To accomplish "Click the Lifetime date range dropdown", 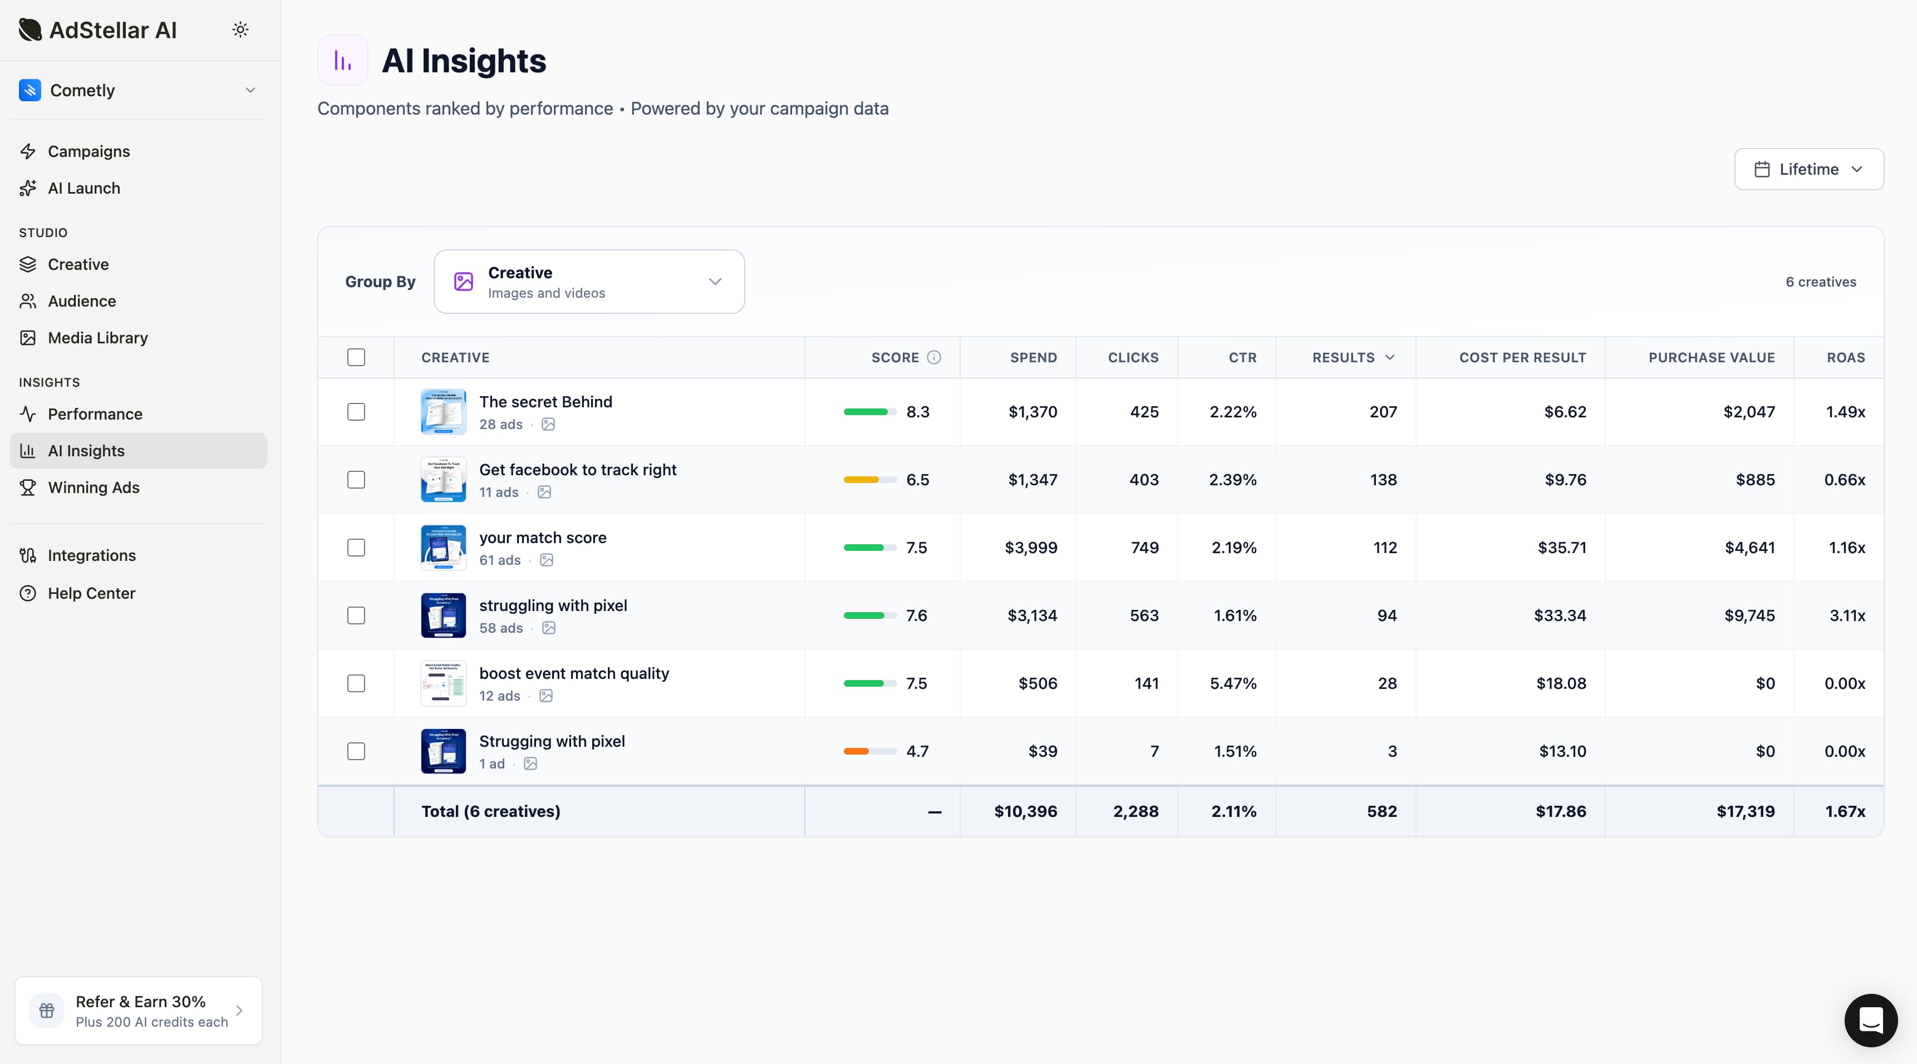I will [1808, 169].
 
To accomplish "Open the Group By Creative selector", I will [589, 281].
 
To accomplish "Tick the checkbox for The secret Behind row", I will [356, 411].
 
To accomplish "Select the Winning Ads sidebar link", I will [93, 487].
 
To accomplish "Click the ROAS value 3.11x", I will [1846, 615].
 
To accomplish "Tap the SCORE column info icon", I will [933, 357].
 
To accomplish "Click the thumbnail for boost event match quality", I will [444, 683].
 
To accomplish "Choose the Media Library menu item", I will [97, 338].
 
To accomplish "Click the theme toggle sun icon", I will [239, 29].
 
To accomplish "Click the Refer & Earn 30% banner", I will [139, 1011].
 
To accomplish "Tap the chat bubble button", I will [1870, 1019].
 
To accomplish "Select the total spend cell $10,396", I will [1025, 811].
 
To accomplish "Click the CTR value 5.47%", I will [1232, 683].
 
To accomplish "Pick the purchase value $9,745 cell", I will [1749, 615].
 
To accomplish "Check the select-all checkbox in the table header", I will [356, 357].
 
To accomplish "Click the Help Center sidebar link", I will [91, 593].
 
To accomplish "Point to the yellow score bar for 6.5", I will [862, 480].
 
